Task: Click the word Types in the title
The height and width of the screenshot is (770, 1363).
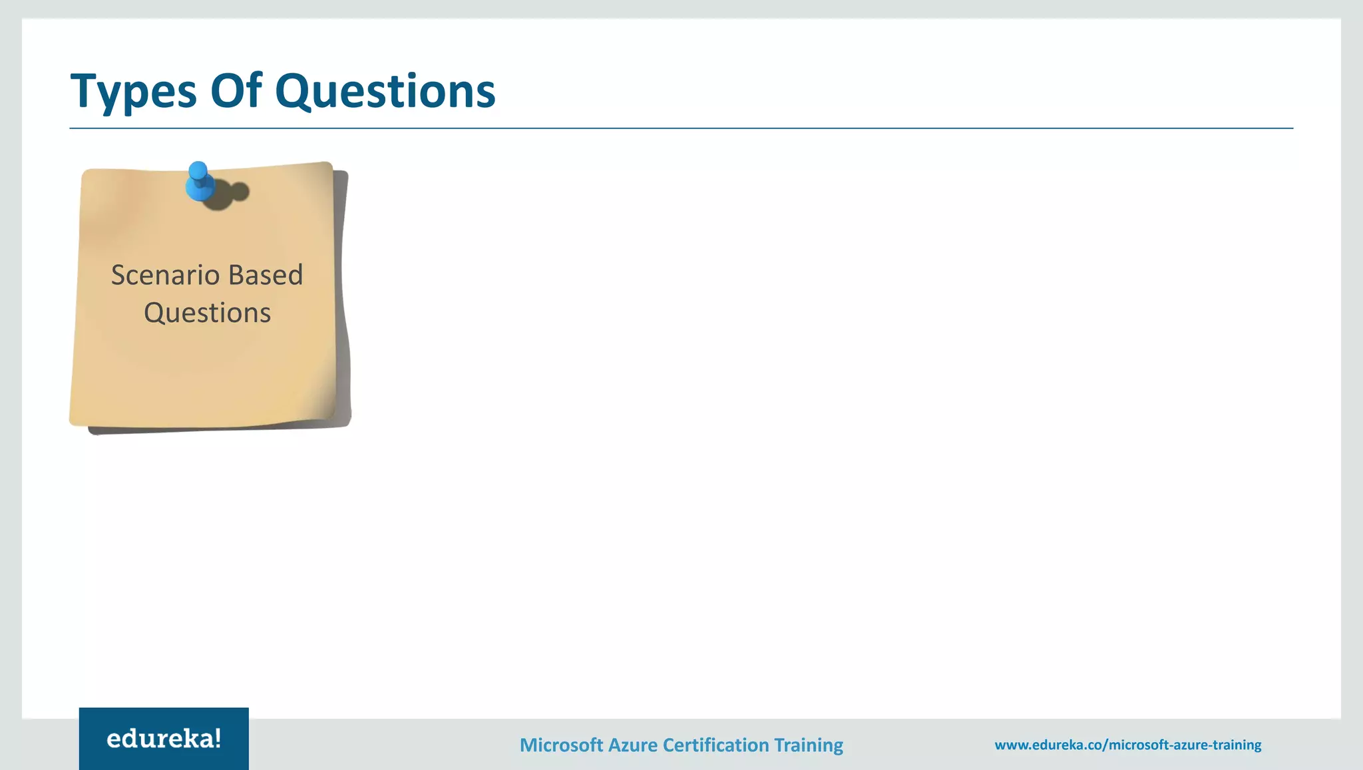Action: tap(134, 91)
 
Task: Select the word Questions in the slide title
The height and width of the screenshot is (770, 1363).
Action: tap(385, 91)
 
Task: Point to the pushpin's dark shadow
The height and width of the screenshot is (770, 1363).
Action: tap(230, 194)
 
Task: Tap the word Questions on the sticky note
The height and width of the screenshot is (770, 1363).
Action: tap(207, 313)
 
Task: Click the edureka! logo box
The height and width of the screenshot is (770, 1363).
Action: tap(164, 739)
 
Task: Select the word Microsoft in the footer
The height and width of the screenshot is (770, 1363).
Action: tap(561, 745)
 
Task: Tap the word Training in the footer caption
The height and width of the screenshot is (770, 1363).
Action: tap(809, 745)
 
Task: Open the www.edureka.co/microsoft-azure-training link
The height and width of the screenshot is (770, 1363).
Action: tap(1127, 745)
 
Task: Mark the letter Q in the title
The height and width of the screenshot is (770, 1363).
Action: tap(295, 91)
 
